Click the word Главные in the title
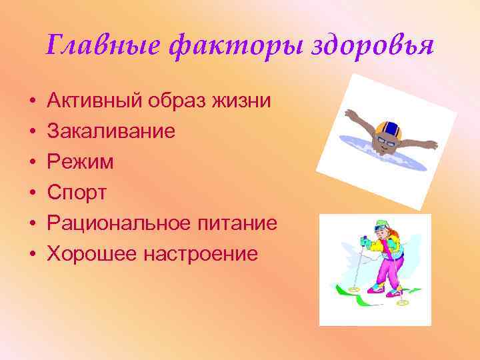tap(89, 47)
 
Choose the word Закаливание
tap(111, 131)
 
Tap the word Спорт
tap(77, 193)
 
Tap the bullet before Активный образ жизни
tap(32, 102)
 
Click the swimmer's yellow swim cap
tap(386, 127)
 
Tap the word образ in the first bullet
tap(171, 101)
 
